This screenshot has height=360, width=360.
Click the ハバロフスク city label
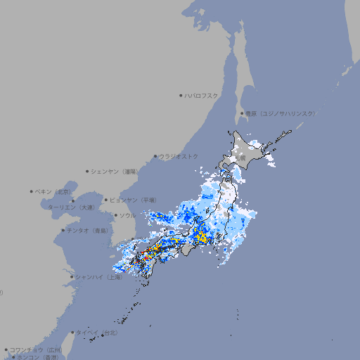coord(202,95)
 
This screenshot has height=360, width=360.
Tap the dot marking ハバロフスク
coord(181,95)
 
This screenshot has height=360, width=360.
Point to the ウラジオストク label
coord(179,156)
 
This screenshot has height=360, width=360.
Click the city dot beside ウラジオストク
coord(155,156)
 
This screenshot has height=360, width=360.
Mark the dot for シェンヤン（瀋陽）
coord(88,171)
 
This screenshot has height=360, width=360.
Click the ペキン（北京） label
coord(53,191)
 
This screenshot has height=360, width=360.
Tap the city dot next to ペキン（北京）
coord(32,191)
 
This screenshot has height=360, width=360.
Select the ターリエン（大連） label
coord(70,207)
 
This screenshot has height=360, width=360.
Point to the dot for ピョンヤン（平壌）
coord(106,200)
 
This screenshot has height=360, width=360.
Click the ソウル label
coord(127,215)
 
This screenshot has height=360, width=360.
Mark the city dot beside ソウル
coord(115,215)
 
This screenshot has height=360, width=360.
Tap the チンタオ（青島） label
coord(87,230)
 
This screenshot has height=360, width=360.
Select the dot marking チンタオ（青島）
coord(63,230)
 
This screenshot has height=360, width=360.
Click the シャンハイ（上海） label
coord(98,277)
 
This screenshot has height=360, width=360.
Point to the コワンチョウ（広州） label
coord(36,349)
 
